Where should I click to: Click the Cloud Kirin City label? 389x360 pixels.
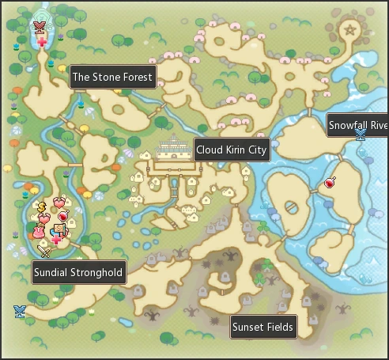click(x=232, y=150)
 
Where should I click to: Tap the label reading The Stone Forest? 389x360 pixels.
click(x=112, y=77)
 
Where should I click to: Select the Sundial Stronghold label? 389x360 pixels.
click(x=78, y=274)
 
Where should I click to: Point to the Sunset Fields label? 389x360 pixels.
click(x=262, y=327)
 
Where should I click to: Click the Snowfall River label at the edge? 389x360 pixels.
click(x=357, y=125)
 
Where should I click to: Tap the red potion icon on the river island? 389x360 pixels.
click(x=330, y=183)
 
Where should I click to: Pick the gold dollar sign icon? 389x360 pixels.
click(x=42, y=207)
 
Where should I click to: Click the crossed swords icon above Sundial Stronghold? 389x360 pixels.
click(x=43, y=252)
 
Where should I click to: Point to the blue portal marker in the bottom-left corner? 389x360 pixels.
click(x=19, y=311)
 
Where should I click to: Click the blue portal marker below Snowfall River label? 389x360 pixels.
click(x=361, y=136)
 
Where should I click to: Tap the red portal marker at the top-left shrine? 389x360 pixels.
click(x=40, y=28)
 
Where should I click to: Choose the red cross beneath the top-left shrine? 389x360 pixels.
click(x=42, y=41)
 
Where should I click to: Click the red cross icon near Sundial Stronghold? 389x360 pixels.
click(x=57, y=239)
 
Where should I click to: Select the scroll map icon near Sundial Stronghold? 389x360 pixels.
click(x=58, y=229)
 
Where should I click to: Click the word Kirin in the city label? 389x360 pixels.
click(x=237, y=150)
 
